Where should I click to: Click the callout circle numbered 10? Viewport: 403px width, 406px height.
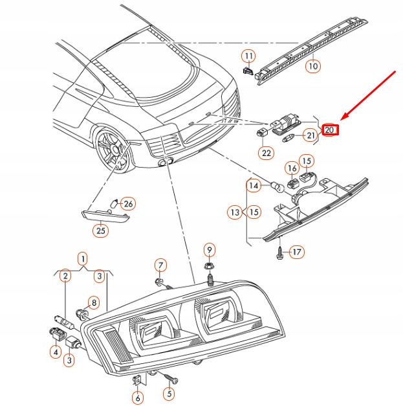pyautogui.click(x=313, y=65)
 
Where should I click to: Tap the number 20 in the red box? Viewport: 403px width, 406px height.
pyautogui.click(x=330, y=130)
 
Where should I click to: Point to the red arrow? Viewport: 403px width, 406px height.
pyautogui.click(x=369, y=98)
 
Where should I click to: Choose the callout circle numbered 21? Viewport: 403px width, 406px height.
pyautogui.click(x=311, y=135)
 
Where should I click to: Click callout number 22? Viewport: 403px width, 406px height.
pyautogui.click(x=267, y=153)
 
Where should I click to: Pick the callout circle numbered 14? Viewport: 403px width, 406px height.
pyautogui.click(x=254, y=186)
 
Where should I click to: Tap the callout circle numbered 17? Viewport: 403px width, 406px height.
pyautogui.click(x=296, y=252)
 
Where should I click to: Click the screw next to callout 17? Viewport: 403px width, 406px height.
pyautogui.click(x=279, y=254)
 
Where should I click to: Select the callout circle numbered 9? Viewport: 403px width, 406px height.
pyautogui.click(x=209, y=251)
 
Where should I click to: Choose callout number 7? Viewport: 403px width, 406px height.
pyautogui.click(x=160, y=264)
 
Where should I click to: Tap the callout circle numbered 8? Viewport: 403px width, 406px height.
pyautogui.click(x=93, y=302)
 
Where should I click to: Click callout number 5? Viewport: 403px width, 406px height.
pyautogui.click(x=168, y=392)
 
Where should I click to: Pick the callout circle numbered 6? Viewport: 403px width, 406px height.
pyautogui.click(x=137, y=398)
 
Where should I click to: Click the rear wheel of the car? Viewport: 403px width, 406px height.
pyautogui.click(x=111, y=151)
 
